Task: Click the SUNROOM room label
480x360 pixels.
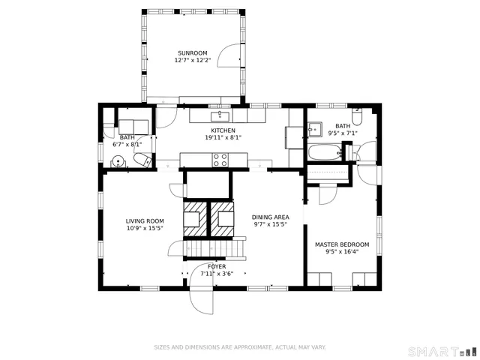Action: pyautogui.click(x=193, y=53)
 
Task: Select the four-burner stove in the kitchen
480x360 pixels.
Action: pyautogui.click(x=220, y=160)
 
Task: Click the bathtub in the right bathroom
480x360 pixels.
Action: pyautogui.click(x=324, y=152)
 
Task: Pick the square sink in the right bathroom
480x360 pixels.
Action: pyautogui.click(x=315, y=128)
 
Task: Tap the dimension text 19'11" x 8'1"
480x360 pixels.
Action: pyautogui.click(x=223, y=137)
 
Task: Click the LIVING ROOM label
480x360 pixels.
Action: pyautogui.click(x=145, y=221)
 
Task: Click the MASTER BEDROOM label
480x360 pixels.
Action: pyautogui.click(x=342, y=244)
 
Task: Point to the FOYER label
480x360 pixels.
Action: pyautogui.click(x=217, y=266)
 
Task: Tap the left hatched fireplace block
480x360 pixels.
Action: pyautogui.click(x=193, y=215)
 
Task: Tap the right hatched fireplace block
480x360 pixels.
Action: pyautogui.click(x=223, y=215)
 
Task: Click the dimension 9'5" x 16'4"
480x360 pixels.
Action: pyautogui.click(x=342, y=252)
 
